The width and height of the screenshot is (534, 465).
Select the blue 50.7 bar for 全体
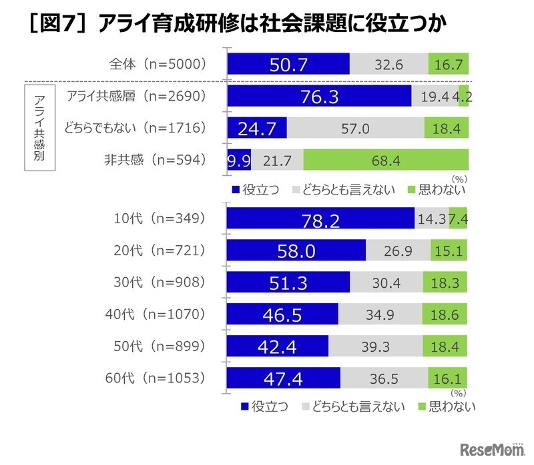point(288,64)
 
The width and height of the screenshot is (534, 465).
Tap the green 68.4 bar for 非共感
point(385,159)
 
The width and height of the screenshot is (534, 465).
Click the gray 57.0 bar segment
point(355,128)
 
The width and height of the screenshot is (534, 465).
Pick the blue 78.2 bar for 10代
point(320,219)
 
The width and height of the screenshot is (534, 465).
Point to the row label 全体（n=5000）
point(157,64)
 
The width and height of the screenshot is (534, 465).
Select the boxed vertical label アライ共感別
point(39,128)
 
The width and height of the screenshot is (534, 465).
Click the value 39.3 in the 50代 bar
point(375,346)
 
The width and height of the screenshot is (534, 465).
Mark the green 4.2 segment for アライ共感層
point(463,96)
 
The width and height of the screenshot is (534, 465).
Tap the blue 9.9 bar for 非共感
point(238,159)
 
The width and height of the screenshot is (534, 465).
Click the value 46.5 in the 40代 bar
point(282,314)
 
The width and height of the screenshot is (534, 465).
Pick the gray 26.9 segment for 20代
point(394,251)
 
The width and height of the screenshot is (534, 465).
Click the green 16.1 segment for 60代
point(445,378)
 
